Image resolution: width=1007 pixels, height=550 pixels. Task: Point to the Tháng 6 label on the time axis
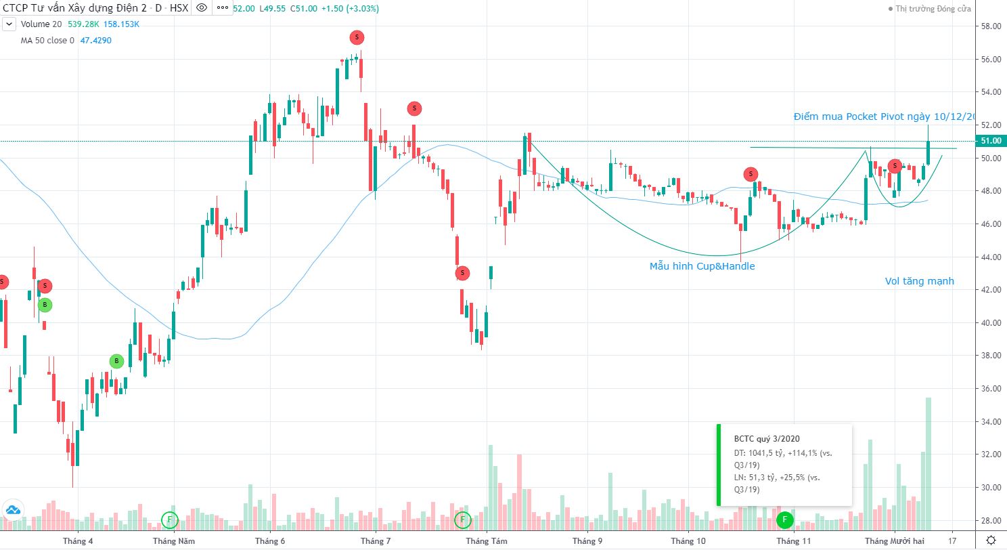[269, 541]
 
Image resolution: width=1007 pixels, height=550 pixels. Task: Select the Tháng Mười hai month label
[895, 541]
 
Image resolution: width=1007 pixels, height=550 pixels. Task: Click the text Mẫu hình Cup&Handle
[702, 266]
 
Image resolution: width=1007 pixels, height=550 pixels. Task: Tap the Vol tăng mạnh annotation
[920, 281]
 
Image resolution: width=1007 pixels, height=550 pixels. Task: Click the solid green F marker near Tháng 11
[784, 520]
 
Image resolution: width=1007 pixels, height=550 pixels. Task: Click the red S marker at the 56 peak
[357, 37]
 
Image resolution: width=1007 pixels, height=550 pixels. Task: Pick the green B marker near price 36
[116, 361]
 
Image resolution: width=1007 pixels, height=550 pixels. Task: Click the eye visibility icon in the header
[201, 9]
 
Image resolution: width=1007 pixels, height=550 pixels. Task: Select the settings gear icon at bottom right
[991, 540]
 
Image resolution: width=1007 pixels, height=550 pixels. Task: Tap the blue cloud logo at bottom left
[12, 510]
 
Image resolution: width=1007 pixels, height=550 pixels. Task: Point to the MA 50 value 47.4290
[95, 40]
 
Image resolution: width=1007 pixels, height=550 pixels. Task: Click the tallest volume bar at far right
[928, 463]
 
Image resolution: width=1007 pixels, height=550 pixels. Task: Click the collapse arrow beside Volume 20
[9, 24]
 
